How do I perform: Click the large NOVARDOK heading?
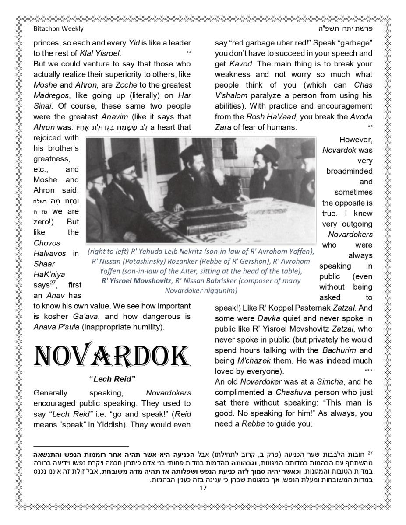[112, 358]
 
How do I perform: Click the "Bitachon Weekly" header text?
[58, 28]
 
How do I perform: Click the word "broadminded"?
[349, 171]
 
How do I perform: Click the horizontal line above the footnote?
[81, 445]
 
